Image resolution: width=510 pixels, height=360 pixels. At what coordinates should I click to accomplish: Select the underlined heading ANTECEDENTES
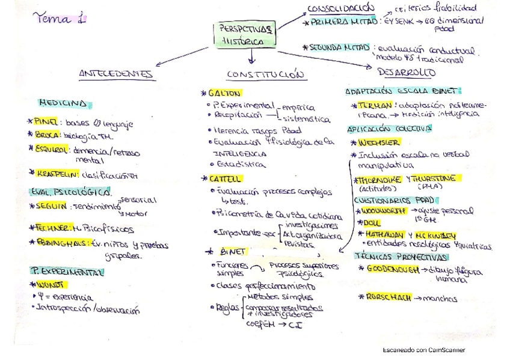coord(116,74)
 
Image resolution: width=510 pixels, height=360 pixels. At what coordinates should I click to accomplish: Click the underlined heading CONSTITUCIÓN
coord(266,75)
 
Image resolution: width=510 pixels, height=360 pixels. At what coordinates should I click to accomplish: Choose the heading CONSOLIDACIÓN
coord(340,8)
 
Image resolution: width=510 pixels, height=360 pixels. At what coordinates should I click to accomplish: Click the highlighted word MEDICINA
coord(63,103)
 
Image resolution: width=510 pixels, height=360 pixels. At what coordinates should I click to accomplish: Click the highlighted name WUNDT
coord(51,284)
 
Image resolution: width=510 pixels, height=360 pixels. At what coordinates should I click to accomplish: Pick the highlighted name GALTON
coord(224,93)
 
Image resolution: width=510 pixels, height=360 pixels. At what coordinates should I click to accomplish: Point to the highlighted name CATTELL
coord(225,178)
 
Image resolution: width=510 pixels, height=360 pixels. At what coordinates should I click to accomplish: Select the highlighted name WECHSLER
coord(378,142)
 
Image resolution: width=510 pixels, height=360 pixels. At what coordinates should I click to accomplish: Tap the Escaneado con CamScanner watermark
coord(423,350)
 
